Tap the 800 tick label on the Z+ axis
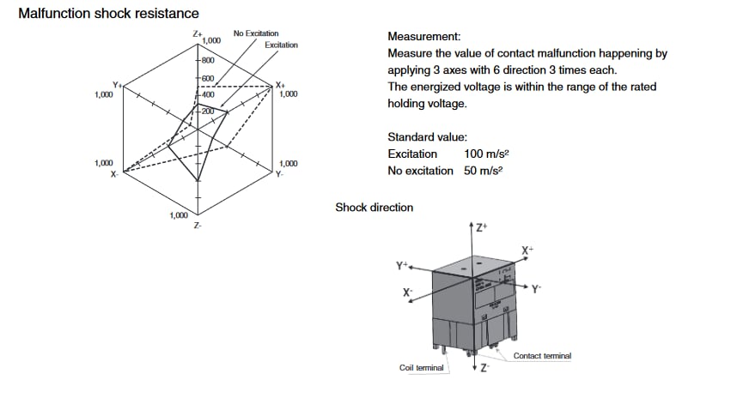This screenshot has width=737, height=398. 209,61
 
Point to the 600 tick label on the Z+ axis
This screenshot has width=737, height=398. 209,79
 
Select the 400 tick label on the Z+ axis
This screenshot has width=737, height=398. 209,95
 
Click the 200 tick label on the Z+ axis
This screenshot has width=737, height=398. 207,112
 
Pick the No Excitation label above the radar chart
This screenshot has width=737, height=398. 255,33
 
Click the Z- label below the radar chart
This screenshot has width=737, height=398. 198,226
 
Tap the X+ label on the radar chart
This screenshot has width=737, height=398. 280,85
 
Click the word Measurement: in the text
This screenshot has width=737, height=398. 424,37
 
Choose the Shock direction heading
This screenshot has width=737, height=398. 374,208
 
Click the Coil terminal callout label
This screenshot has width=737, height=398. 422,368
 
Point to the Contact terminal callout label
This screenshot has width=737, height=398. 542,356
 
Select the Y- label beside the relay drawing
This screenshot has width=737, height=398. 536,289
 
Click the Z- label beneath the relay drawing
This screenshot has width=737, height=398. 484,369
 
